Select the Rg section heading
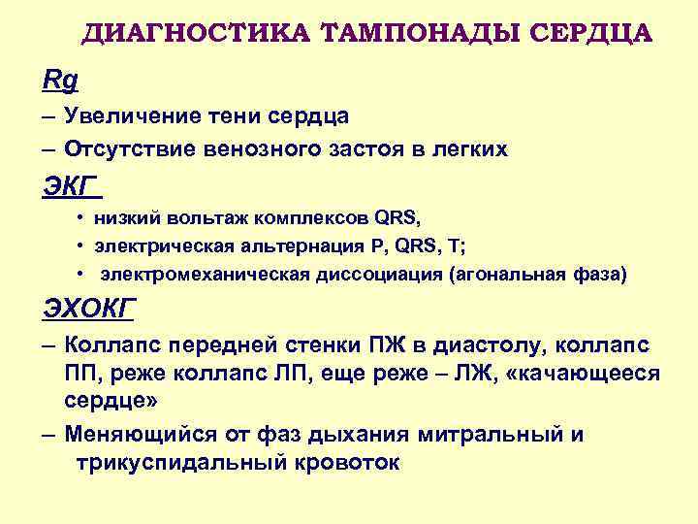click(x=60, y=79)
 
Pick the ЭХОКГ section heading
click(x=89, y=310)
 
